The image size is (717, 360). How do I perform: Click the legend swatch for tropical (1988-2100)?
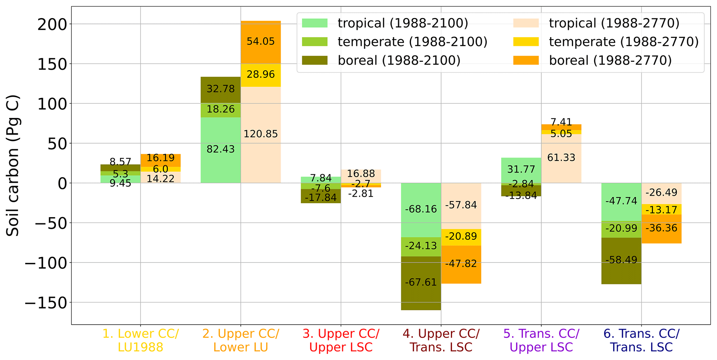315,23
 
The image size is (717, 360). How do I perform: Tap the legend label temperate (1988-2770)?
623,42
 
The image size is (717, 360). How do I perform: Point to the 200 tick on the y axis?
52,24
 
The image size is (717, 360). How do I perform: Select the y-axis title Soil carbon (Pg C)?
13,166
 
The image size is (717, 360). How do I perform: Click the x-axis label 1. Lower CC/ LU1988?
140,340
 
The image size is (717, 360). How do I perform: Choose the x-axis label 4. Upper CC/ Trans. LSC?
441,340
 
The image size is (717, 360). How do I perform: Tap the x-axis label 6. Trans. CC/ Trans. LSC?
641,340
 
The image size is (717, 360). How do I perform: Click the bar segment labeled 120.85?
261,134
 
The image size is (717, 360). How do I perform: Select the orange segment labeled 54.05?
261,42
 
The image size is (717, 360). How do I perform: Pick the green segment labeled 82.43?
221,149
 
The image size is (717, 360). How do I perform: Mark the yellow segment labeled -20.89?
461,237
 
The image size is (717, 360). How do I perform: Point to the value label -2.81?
361,194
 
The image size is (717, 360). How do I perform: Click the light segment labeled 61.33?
561,158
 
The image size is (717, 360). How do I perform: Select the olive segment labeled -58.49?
621,260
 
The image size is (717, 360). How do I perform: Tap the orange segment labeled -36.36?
661,229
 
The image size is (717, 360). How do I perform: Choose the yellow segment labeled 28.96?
261,75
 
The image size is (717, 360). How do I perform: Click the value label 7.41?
561,122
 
